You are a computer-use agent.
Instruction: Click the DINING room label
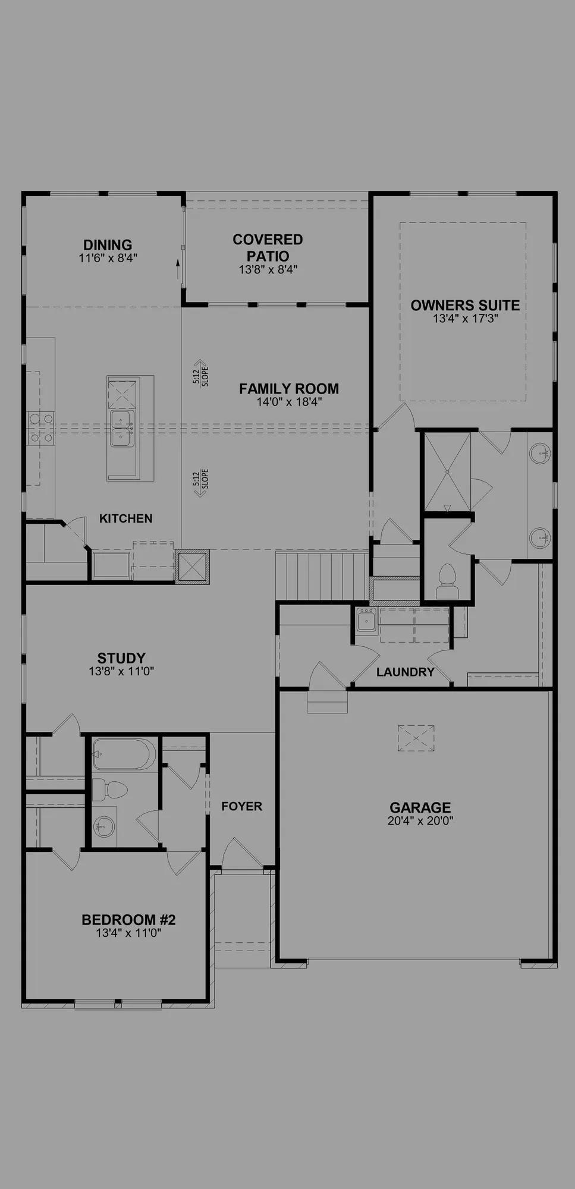tap(108, 245)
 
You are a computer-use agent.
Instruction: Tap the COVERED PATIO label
tap(268, 248)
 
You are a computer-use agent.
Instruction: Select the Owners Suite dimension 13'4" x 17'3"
tap(465, 319)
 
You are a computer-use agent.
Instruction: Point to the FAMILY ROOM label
tap(289, 389)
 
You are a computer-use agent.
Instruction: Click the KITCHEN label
tap(125, 518)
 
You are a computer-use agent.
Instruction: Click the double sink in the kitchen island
tap(122, 428)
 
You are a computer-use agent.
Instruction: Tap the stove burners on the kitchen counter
tap(40, 428)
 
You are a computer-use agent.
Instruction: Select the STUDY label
tap(121, 658)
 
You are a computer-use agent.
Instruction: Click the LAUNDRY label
tap(406, 672)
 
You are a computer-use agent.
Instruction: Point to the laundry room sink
tap(366, 620)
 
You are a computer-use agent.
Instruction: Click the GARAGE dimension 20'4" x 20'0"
tap(420, 821)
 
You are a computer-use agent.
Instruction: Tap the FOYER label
tap(241, 806)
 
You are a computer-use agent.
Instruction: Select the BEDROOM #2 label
tap(128, 920)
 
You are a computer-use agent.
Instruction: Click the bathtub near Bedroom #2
tap(124, 754)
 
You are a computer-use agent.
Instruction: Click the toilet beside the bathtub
tap(110, 790)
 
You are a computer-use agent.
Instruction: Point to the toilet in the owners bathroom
tap(447, 581)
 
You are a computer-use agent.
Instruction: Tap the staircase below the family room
tap(323, 576)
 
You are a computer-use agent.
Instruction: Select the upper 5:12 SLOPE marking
tap(200, 373)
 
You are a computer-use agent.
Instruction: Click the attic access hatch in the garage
tap(416, 738)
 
